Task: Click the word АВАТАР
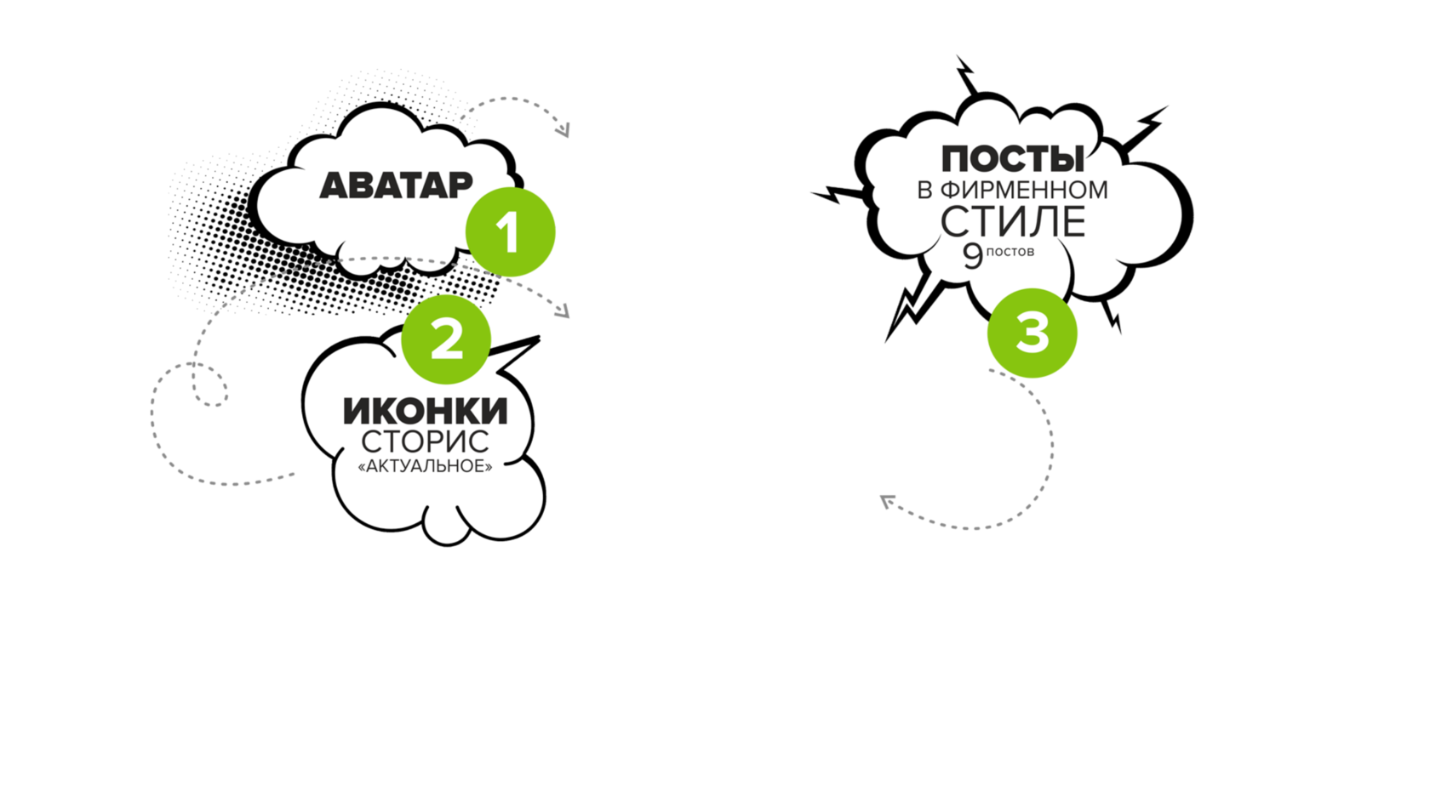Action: pos(396,185)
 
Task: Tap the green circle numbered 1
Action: pos(511,232)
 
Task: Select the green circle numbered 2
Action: pos(448,339)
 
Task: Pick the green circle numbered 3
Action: pos(1032,333)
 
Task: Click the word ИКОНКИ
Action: pos(425,411)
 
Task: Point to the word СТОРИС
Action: pos(425,441)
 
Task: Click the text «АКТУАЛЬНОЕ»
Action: pos(425,466)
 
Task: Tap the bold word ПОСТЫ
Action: pos(1012,159)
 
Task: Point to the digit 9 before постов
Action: pos(972,255)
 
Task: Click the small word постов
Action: pos(1010,252)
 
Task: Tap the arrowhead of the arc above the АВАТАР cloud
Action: pos(563,130)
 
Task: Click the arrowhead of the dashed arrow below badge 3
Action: pos(886,503)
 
